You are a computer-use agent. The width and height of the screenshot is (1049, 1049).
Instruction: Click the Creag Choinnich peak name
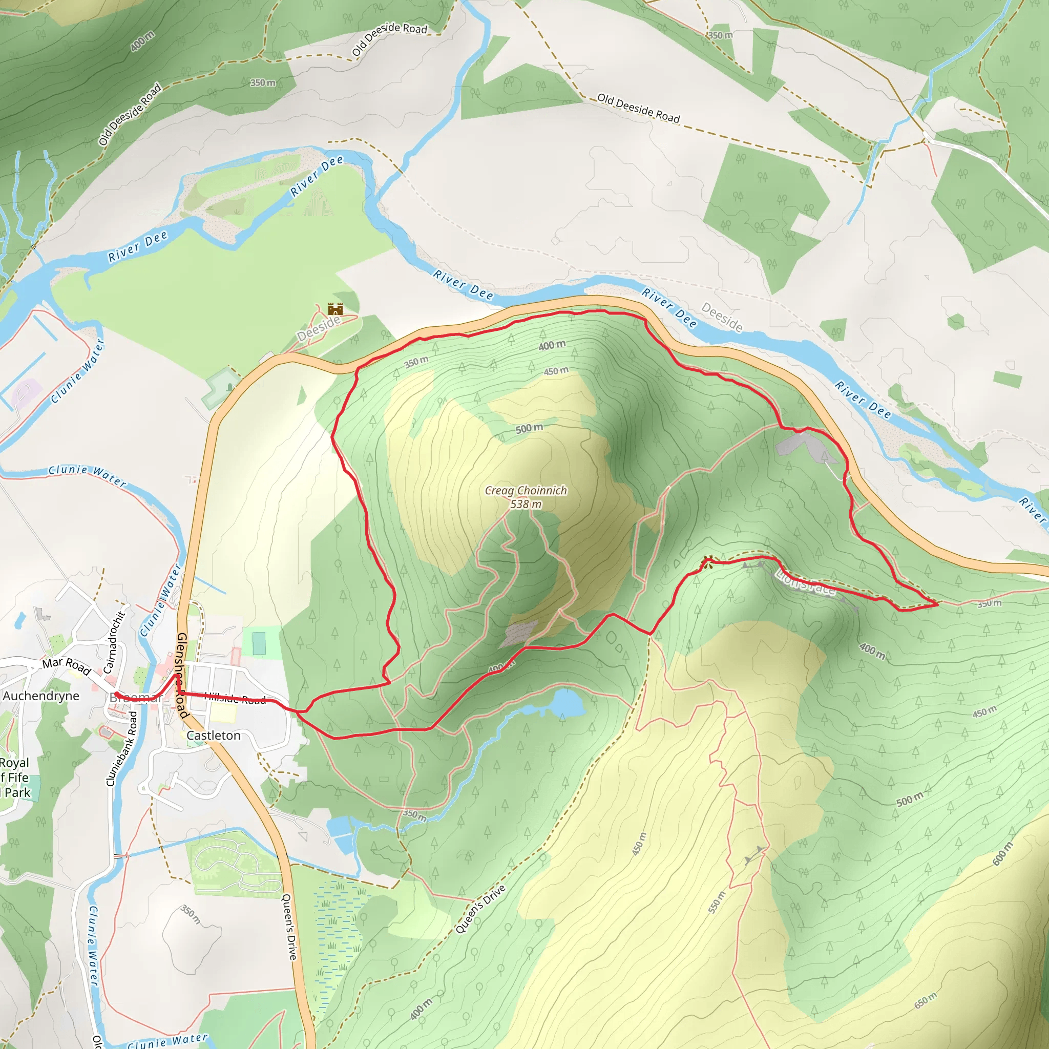coord(526,490)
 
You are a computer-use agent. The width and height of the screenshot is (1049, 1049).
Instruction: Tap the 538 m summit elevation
coord(526,505)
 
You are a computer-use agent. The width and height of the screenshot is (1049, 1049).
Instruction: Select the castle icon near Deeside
coord(335,309)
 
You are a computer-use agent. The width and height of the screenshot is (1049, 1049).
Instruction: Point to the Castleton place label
coord(214,736)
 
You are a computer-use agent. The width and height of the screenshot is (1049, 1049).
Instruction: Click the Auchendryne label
coord(41,696)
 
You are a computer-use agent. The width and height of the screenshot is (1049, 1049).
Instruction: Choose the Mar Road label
coord(66,665)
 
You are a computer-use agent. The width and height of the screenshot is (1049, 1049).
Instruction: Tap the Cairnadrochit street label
coord(114,642)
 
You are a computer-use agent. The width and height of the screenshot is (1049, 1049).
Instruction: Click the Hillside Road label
coord(235,699)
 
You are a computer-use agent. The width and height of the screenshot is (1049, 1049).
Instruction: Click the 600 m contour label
coord(1002,853)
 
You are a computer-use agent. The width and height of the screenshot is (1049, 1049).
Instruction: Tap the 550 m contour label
coord(717,903)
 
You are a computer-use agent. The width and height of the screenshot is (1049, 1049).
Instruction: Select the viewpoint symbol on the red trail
coord(707,560)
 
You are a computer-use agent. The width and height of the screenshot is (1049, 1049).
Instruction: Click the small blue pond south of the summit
coord(567,705)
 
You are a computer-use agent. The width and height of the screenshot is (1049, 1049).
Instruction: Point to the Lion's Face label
coord(806,582)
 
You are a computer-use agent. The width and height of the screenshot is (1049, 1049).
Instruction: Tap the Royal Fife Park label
coord(15,778)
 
